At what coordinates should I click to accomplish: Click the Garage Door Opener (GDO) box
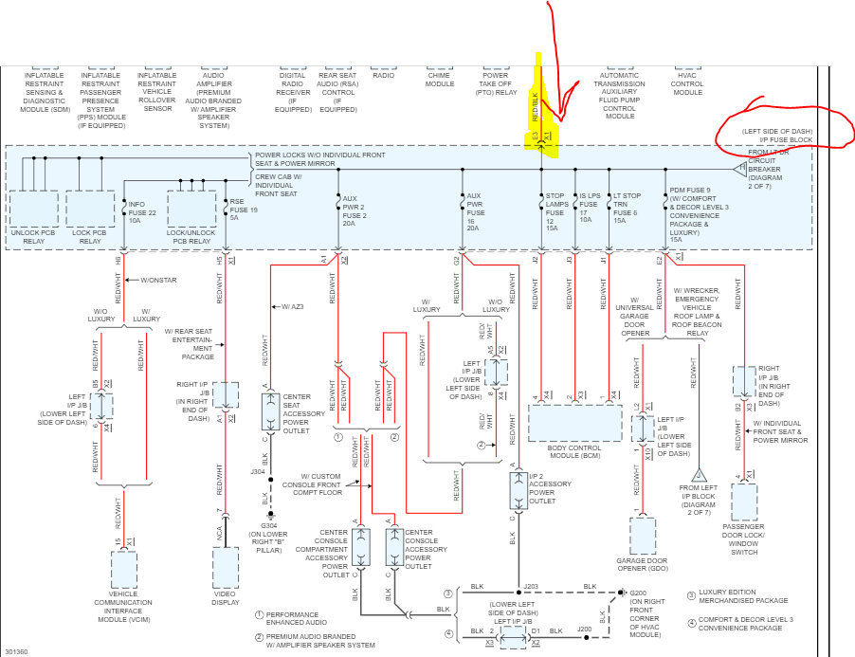point(643,536)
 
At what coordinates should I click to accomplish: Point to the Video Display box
point(226,567)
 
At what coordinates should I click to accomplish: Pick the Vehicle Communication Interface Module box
point(123,569)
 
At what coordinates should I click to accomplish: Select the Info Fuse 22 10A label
point(141,213)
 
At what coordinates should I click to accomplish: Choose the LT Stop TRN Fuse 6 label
point(626,210)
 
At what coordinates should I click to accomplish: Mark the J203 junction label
point(533,587)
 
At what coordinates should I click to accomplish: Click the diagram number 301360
point(15,651)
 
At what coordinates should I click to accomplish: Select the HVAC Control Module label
point(687,84)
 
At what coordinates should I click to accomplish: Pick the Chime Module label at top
point(440,80)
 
